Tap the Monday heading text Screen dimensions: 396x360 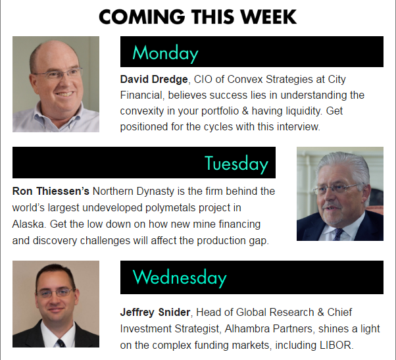click(x=165, y=53)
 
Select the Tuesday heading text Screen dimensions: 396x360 click(x=236, y=164)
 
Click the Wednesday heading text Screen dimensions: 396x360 click(x=180, y=278)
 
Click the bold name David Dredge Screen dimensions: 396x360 click(x=154, y=80)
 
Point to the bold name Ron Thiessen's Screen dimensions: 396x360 click(x=51, y=191)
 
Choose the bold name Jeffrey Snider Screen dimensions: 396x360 click(x=155, y=312)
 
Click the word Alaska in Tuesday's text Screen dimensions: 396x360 click(x=29, y=224)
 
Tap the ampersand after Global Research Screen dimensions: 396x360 click(x=321, y=312)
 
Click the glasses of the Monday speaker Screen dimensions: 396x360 click(x=58, y=73)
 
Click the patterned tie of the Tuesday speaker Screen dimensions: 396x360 click(x=338, y=234)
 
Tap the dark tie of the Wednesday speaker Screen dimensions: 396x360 click(x=61, y=343)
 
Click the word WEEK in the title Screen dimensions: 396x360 click(x=268, y=17)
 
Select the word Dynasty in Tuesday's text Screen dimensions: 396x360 click(x=155, y=192)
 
